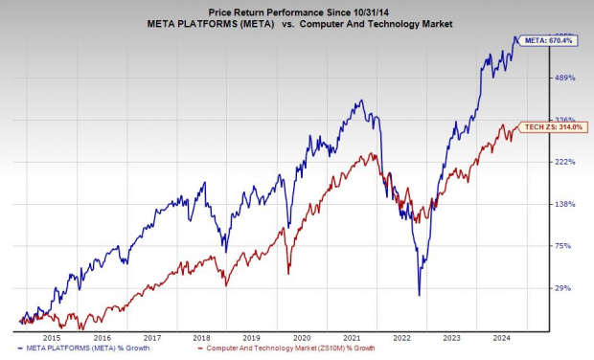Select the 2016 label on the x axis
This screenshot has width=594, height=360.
coord(99,338)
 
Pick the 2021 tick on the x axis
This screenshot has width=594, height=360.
coord(352,338)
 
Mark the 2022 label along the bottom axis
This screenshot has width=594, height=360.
coord(401,338)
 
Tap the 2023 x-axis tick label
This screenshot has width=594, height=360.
coord(452,338)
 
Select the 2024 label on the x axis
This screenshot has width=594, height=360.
coord(503,338)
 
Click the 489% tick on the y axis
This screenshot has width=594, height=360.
coord(564,78)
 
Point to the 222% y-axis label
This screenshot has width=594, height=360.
coord(564,162)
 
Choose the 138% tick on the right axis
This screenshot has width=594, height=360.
coord(564,204)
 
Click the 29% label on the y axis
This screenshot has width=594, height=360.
coord(566,288)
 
